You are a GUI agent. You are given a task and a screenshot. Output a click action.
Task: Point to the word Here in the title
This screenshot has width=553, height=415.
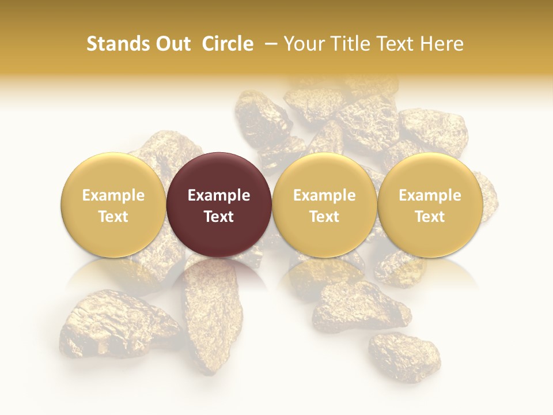click(443, 44)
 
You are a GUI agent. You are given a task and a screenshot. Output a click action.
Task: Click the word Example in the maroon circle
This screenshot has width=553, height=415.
click(219, 195)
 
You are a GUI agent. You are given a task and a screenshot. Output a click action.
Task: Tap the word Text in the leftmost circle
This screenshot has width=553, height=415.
click(113, 217)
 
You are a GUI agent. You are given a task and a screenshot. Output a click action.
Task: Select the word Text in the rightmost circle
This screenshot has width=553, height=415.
click(430, 217)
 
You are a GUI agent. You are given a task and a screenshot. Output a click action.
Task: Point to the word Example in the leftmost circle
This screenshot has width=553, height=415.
click(113, 195)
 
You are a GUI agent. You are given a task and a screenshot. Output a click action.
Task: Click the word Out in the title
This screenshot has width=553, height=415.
click(173, 44)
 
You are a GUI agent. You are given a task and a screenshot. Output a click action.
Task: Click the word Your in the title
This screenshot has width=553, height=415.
click(304, 44)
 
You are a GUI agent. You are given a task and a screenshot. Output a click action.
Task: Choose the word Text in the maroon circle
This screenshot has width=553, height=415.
click(219, 217)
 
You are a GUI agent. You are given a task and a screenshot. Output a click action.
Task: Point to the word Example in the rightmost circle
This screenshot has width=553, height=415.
click(430, 195)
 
